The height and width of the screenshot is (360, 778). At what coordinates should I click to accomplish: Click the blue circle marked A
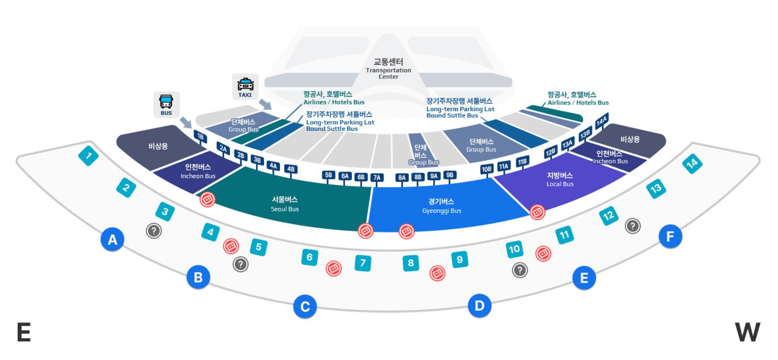tap(112, 239)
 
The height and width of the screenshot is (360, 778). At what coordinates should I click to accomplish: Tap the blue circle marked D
tap(479, 306)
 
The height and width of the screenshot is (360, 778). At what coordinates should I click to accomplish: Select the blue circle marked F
tap(670, 236)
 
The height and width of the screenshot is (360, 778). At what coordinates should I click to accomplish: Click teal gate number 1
tap(88, 156)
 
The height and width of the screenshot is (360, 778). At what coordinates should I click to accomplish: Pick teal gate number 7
tap(363, 263)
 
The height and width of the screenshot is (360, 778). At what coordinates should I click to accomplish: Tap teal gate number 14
tap(692, 164)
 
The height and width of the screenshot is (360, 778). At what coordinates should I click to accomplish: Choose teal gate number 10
tap(514, 249)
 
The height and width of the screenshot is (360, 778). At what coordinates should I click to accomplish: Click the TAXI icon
tap(245, 87)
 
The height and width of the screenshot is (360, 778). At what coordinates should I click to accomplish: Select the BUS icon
tap(166, 104)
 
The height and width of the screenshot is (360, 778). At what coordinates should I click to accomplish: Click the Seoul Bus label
tap(284, 204)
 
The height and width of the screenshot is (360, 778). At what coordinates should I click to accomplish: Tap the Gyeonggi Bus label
tap(441, 206)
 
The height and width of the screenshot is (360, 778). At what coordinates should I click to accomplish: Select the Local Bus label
tap(560, 179)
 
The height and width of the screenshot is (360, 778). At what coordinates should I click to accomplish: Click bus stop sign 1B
tap(200, 137)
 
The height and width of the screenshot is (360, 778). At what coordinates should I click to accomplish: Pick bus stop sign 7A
tap(377, 177)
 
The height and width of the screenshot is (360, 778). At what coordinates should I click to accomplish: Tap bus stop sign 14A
tap(602, 121)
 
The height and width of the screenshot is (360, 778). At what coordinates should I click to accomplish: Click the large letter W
tap(748, 332)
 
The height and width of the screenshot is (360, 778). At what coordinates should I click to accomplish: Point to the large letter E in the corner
tap(24, 332)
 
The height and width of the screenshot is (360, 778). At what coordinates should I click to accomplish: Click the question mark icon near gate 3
tap(154, 231)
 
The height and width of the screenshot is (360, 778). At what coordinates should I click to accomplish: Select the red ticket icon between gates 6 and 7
tap(333, 268)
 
